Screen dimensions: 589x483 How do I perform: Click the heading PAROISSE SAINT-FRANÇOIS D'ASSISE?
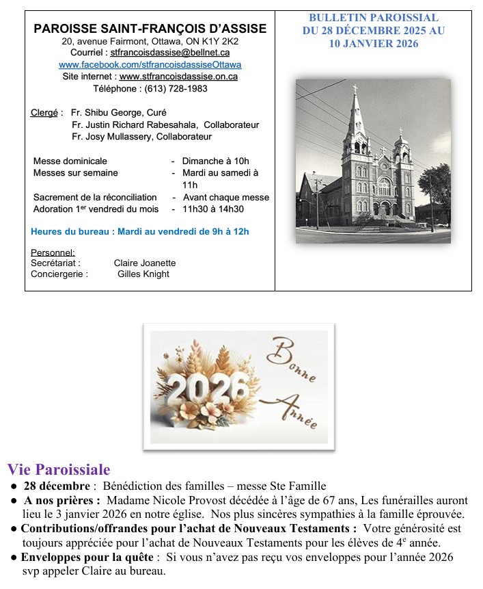click(x=150, y=29)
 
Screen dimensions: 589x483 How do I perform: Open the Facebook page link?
click(x=150, y=64)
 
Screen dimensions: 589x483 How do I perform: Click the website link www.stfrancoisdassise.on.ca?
click(x=178, y=77)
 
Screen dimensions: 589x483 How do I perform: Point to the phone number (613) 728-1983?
click(x=174, y=88)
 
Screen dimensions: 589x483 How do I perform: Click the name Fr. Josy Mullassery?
click(x=112, y=137)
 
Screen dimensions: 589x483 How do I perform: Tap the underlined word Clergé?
click(x=44, y=112)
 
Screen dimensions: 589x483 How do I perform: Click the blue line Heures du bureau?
click(x=140, y=231)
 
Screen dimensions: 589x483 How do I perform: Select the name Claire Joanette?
click(x=145, y=263)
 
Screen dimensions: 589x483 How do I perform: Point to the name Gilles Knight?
click(x=143, y=274)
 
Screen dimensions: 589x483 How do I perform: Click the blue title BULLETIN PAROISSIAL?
click(x=373, y=18)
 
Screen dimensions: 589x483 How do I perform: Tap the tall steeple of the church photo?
click(x=355, y=116)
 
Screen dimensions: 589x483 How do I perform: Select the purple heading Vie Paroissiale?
click(x=59, y=470)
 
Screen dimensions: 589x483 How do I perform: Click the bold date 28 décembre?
click(x=56, y=486)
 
